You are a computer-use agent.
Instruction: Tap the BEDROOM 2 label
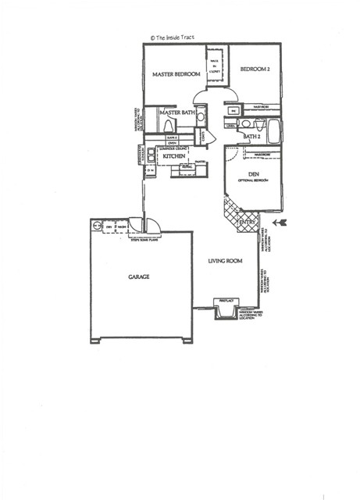pos(257,68)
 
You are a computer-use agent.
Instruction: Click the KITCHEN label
pos(173,157)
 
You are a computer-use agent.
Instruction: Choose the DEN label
pos(253,173)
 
